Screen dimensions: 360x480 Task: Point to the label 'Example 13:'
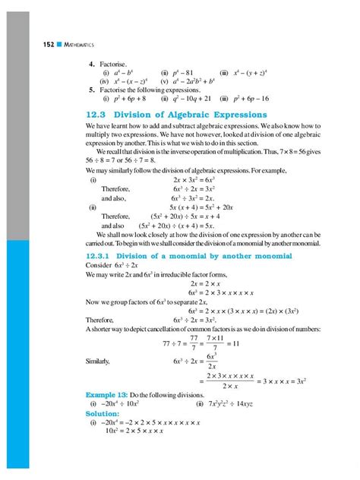tap(109, 395)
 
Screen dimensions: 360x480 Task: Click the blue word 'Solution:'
tap(108, 413)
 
